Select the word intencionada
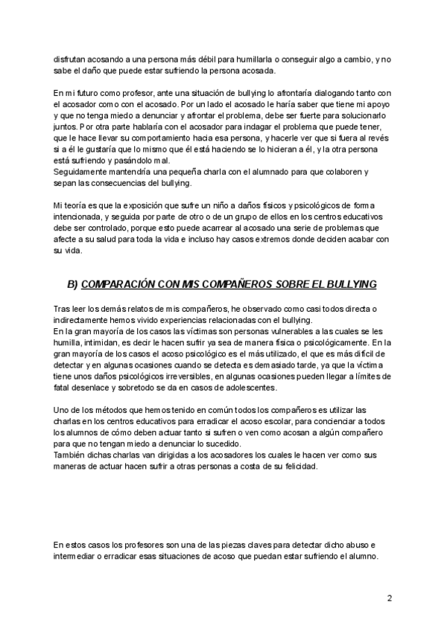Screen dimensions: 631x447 [x=80, y=217]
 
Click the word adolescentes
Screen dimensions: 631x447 [x=245, y=388]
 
